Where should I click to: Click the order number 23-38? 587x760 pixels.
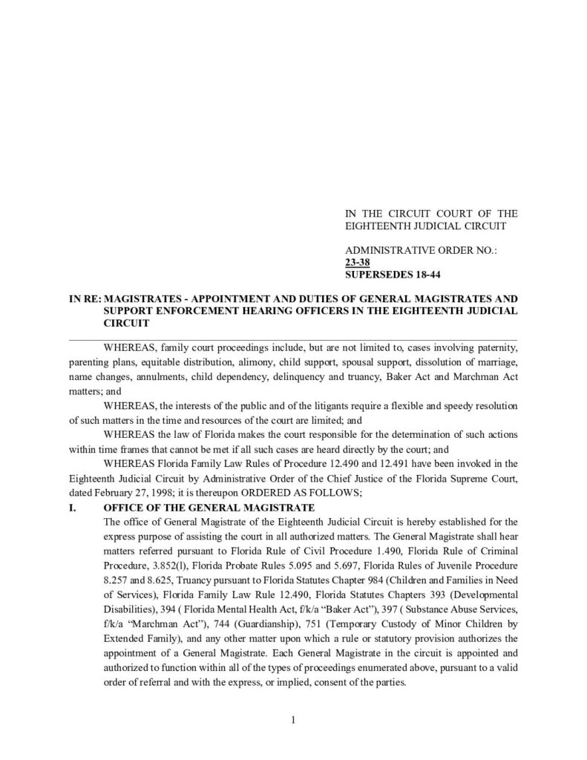[358, 262]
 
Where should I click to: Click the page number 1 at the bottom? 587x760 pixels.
[294, 718]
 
